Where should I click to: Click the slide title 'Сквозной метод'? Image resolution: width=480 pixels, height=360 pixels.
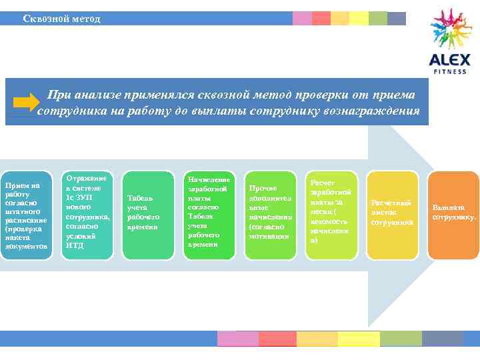(61, 19)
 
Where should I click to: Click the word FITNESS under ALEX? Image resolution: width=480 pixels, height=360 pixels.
(450, 71)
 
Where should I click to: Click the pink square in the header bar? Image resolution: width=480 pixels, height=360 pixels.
(302, 18)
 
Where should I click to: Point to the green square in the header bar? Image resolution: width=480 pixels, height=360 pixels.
(377, 18)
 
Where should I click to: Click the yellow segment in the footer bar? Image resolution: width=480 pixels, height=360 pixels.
(358, 339)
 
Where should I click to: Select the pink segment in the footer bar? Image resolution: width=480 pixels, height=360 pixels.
(238, 339)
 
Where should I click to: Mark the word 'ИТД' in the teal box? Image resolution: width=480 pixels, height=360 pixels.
(74, 245)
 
